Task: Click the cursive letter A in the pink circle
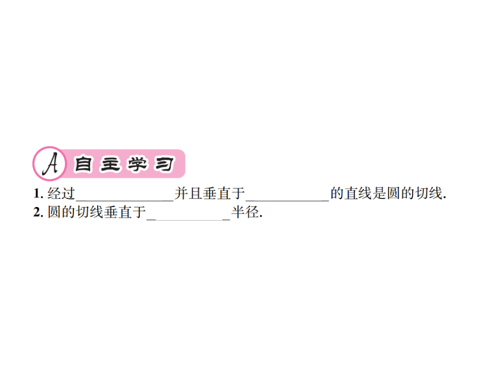click(51, 164)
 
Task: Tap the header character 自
click(83, 164)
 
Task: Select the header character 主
click(110, 164)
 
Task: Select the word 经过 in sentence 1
click(61, 194)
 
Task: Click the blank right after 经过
click(125, 201)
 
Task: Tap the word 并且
click(188, 194)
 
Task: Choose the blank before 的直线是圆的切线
click(287, 201)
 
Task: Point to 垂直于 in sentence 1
click(224, 194)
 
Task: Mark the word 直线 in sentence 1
click(359, 194)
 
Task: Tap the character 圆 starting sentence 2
click(54, 213)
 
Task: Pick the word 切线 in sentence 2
click(89, 213)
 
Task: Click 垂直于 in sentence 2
click(125, 213)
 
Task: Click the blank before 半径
click(188, 220)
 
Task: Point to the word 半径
click(245, 213)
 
